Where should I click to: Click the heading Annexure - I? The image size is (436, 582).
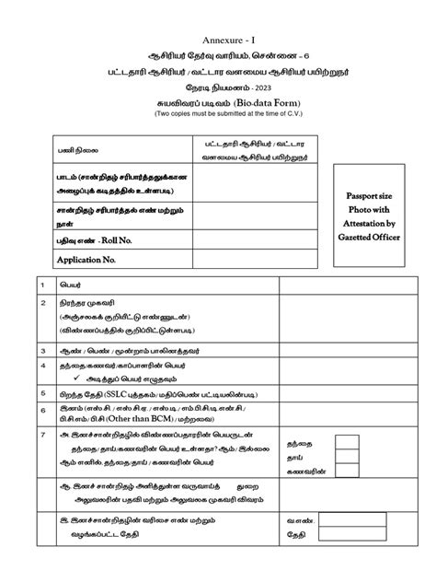(x=217, y=12)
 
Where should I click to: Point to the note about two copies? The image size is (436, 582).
(x=218, y=89)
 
